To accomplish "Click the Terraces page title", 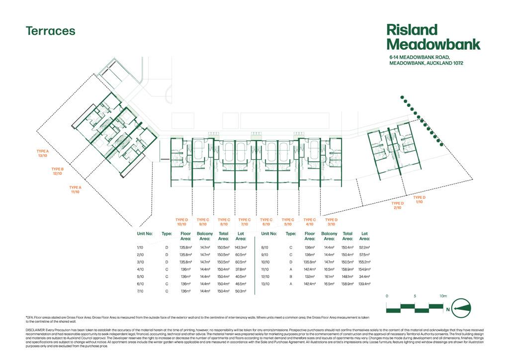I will coord(51,31).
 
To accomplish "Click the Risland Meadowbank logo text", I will coord(433,37).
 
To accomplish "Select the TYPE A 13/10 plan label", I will coord(43,153).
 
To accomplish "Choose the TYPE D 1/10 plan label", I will coord(419,199).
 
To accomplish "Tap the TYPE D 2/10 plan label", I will coord(397,205).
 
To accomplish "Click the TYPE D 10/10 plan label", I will coord(182,221).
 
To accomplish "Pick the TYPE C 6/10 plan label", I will coord(266,221).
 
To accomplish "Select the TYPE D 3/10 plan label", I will coord(331,221).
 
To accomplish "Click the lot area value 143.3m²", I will coord(241,247).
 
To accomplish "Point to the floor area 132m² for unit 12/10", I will coord(310,276).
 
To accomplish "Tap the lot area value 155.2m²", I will coord(364,262).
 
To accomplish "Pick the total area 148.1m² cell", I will coord(347,276).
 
